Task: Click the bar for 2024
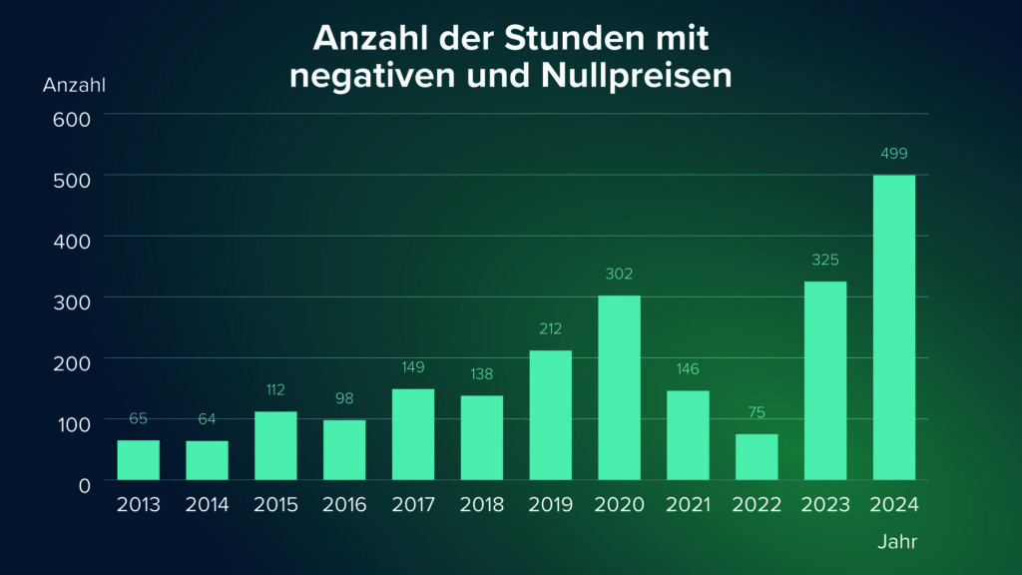[x=893, y=327]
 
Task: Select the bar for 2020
[x=619, y=387]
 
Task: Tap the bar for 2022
[x=757, y=456]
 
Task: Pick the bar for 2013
[x=138, y=459]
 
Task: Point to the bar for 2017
[x=412, y=434]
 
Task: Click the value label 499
[x=894, y=154]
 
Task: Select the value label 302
[x=619, y=274]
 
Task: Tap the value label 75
[x=757, y=412]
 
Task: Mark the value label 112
[x=275, y=389]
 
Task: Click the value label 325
[x=825, y=260]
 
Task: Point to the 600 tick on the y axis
[x=71, y=118]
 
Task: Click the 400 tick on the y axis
[x=71, y=241]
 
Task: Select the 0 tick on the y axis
[x=84, y=484]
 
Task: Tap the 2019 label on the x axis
[x=551, y=505]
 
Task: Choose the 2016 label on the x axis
[x=344, y=505]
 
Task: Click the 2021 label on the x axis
[x=688, y=505]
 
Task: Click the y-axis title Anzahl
[x=74, y=85]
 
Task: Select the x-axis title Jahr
[x=896, y=543]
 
